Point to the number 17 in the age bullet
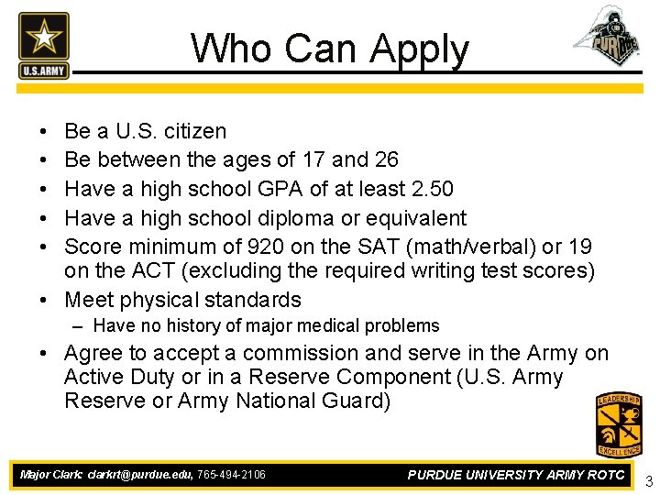313,159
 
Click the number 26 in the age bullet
386,159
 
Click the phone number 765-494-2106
231,475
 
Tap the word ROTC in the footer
600,475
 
